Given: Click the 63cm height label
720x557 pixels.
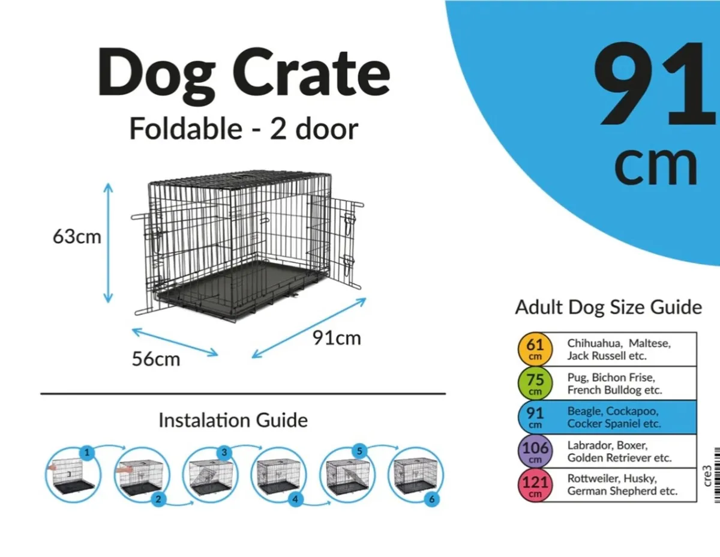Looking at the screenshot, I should click(77, 236).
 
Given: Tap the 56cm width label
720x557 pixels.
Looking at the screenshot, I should click(156, 359).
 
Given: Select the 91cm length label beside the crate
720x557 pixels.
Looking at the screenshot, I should click(337, 339).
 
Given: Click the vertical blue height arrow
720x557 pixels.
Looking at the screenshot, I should click(108, 243).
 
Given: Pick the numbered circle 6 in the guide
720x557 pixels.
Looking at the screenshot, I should click(433, 499).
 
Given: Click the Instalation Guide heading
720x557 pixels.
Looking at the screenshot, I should click(233, 420).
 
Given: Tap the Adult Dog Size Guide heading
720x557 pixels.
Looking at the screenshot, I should click(608, 307).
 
